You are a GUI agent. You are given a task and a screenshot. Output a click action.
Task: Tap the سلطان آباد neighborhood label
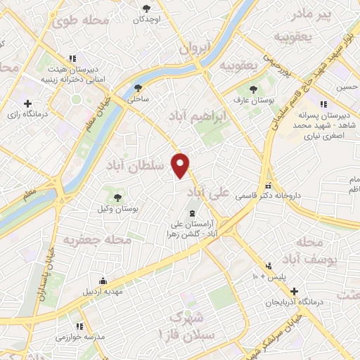137,165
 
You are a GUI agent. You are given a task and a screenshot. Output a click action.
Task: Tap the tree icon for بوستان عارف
255,89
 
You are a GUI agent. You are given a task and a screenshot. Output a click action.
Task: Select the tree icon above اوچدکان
146,8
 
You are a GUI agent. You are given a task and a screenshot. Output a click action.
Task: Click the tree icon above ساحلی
138,89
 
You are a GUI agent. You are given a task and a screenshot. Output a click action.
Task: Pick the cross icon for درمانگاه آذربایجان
295,290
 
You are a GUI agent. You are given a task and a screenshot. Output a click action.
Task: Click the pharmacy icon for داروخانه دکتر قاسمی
267,187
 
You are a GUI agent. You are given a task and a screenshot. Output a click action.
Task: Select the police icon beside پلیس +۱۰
269,266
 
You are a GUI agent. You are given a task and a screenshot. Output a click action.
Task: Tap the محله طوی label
81,20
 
